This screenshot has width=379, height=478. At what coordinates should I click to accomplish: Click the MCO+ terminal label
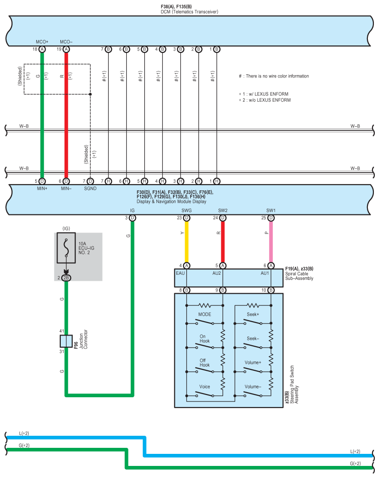click(42, 42)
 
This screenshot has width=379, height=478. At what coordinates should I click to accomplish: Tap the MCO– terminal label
click(66, 42)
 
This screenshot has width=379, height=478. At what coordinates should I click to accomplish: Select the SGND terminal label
click(90, 188)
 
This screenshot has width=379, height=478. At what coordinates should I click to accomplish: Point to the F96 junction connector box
click(66, 341)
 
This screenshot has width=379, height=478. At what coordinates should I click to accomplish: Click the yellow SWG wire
click(186, 241)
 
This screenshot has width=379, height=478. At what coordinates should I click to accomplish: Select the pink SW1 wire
click(271, 241)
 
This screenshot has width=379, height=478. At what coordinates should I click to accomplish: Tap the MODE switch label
click(205, 314)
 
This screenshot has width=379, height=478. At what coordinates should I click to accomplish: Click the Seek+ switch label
click(253, 314)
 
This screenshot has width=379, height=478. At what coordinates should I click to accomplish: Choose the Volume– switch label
click(253, 386)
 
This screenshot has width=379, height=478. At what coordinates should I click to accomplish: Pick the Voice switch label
click(205, 386)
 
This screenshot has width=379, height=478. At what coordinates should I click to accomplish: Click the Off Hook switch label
click(205, 362)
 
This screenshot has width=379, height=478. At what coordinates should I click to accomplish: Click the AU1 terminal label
click(264, 273)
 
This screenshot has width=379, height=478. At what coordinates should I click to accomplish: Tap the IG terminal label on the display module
click(132, 210)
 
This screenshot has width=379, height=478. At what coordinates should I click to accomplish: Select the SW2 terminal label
click(223, 210)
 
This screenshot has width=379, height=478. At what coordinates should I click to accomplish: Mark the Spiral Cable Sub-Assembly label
click(299, 276)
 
